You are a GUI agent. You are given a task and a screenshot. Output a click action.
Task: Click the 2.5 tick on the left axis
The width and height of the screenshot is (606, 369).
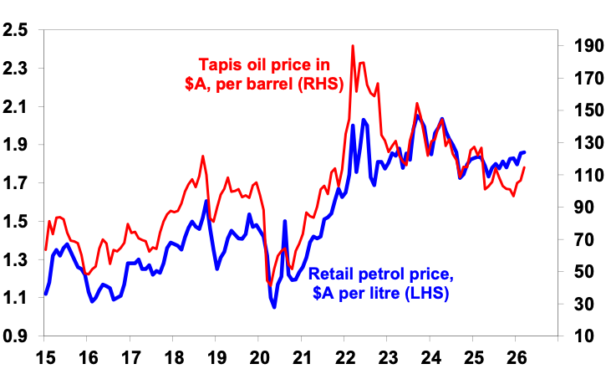(16, 30)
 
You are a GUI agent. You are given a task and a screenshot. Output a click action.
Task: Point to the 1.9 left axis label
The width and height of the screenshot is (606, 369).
(16, 145)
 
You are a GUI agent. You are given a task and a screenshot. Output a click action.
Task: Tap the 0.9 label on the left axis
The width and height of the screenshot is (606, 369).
(16, 336)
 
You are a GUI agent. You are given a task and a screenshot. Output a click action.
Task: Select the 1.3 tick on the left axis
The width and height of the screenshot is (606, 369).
(16, 259)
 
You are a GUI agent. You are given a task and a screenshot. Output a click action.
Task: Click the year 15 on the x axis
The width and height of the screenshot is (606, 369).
(45, 354)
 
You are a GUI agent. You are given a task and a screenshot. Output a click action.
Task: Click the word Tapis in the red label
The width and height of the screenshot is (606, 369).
(220, 64)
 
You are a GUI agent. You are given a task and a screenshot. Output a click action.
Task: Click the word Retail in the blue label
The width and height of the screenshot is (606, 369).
(332, 274)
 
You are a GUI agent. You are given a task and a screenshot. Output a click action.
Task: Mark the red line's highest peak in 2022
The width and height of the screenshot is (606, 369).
(353, 46)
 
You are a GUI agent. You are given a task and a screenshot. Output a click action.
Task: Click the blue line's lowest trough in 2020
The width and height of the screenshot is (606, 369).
(274, 307)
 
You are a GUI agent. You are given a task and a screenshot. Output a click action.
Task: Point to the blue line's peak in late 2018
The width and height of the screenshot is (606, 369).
(205, 201)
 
